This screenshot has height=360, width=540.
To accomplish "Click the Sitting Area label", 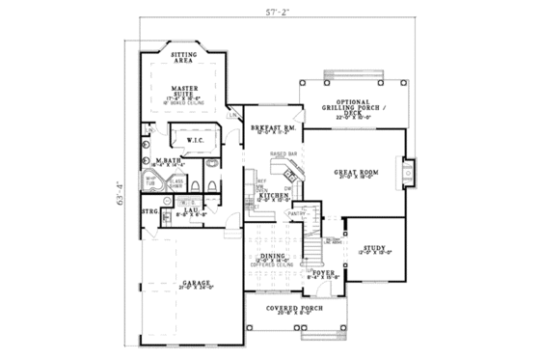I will [x=184, y=58].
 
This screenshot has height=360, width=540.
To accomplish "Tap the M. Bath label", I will [x=166, y=161].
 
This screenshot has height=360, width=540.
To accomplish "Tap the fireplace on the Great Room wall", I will [x=408, y=174].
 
